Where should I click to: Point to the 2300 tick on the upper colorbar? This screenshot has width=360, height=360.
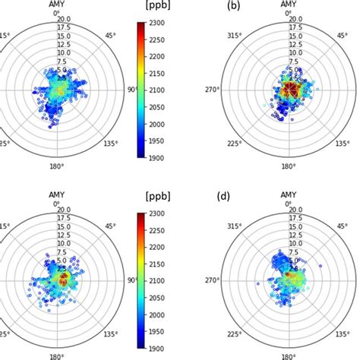(161, 24)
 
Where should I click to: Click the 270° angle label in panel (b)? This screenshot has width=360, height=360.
(218, 89)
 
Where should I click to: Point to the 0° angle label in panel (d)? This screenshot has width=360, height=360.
(288, 203)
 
